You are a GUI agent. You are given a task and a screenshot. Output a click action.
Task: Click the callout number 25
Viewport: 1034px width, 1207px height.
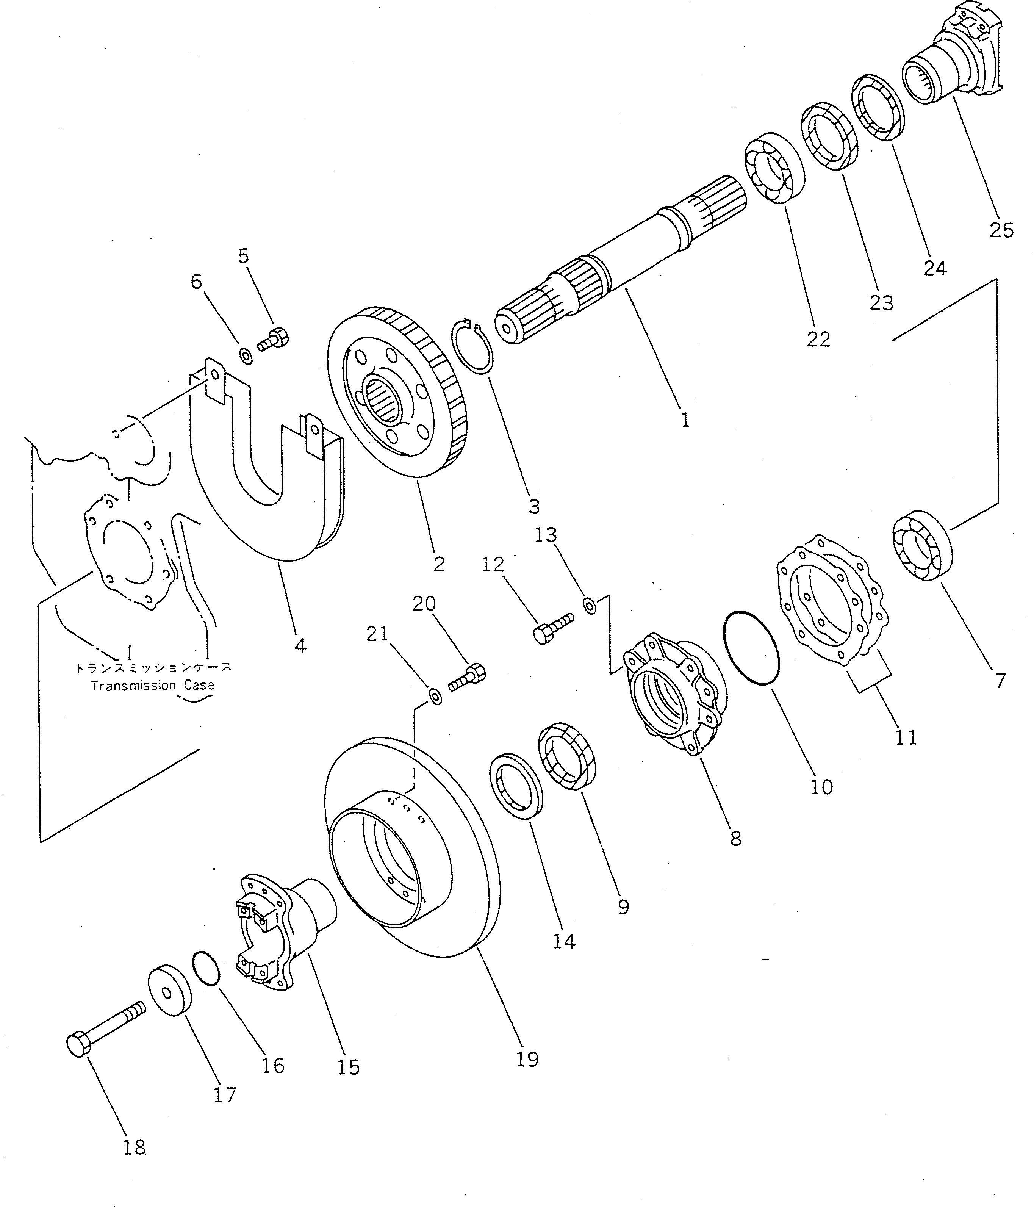point(1001,230)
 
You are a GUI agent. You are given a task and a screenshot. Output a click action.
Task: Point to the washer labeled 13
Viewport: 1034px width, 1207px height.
point(590,606)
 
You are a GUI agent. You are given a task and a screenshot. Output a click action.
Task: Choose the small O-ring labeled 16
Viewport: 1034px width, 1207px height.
point(206,969)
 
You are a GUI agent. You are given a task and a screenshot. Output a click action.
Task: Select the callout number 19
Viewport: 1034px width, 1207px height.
point(527,1059)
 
